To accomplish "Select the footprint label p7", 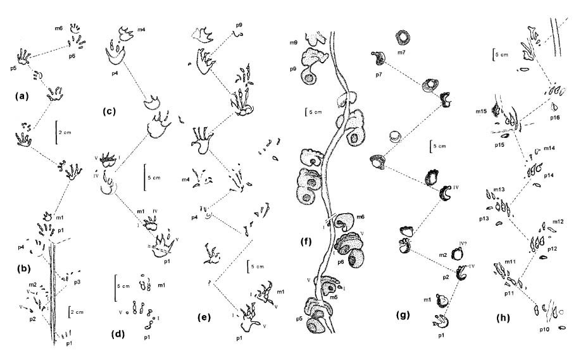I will (x=379, y=75).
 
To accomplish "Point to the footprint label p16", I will (x=555, y=117).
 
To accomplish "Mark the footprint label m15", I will (x=496, y=112).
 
